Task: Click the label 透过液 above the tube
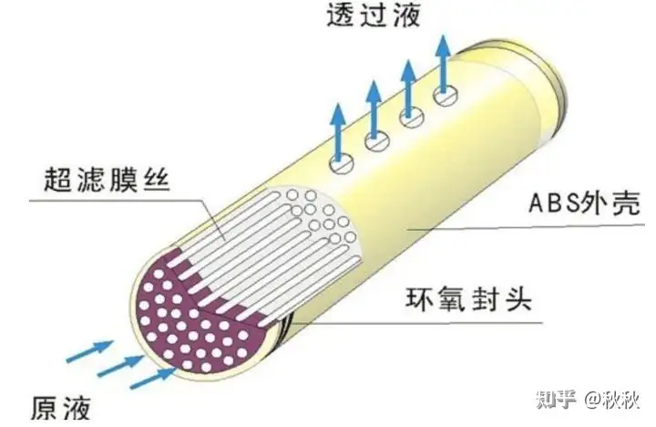click(x=374, y=16)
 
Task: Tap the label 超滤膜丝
click(x=108, y=180)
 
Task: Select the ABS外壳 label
click(x=584, y=203)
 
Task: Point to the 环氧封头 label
click(x=468, y=299)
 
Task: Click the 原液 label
click(x=61, y=407)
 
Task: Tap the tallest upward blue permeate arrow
click(x=444, y=65)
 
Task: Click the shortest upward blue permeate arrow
click(x=337, y=133)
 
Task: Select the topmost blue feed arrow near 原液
click(x=90, y=351)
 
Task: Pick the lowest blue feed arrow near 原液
click(x=153, y=379)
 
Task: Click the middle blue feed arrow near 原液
click(x=121, y=366)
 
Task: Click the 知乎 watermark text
click(x=556, y=400)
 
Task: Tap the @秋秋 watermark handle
click(x=612, y=400)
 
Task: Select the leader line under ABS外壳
click(x=525, y=227)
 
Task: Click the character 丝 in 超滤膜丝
click(x=157, y=180)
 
